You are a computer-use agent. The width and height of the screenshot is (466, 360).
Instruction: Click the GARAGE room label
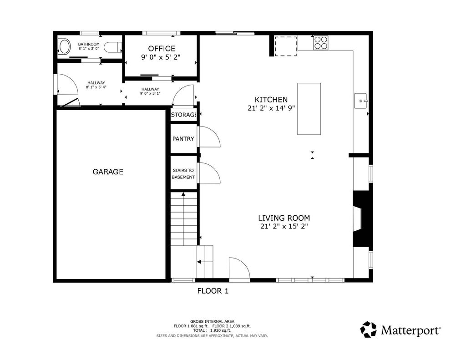(x=108, y=172)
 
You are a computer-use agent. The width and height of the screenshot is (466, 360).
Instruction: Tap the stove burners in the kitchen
(x=321, y=42)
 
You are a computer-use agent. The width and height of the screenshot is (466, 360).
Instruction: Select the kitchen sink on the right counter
(x=361, y=101)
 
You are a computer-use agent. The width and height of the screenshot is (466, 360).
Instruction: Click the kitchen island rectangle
(x=309, y=109)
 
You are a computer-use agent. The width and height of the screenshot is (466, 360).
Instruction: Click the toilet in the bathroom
(x=113, y=47)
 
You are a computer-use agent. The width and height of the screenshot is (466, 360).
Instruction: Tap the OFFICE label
(x=162, y=48)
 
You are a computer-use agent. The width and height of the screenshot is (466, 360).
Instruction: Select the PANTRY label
(x=183, y=139)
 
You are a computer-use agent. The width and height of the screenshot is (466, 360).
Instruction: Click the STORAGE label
(x=184, y=115)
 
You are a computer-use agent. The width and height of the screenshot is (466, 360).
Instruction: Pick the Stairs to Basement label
(x=183, y=173)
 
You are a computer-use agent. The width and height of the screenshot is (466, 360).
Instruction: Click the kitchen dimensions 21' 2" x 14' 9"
(x=271, y=108)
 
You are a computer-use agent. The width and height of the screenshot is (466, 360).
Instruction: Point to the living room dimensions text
(x=284, y=227)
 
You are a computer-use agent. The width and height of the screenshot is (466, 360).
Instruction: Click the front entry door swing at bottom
(x=239, y=269)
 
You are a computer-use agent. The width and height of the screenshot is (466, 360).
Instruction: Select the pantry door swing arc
(x=209, y=137)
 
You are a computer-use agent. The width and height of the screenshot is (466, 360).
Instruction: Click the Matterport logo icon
(x=369, y=330)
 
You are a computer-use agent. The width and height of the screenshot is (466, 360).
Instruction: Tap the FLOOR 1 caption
(x=213, y=291)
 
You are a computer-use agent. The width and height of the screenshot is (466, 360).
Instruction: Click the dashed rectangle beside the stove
(x=286, y=46)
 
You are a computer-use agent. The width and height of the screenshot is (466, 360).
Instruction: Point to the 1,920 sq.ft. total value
(x=221, y=330)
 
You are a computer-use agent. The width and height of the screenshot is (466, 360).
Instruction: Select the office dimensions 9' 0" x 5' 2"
(x=161, y=57)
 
